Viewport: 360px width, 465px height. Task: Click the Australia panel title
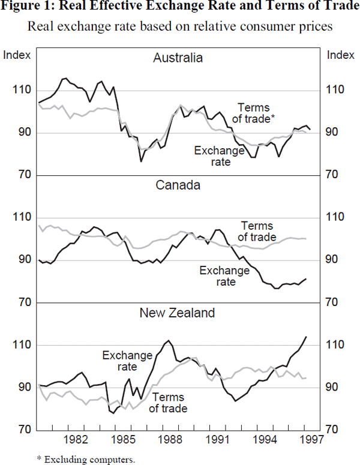click(178, 58)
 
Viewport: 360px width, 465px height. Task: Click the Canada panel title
click(178, 185)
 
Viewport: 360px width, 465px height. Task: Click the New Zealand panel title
click(178, 313)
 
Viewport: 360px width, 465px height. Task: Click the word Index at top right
click(341, 55)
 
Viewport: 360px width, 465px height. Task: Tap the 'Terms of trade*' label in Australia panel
click(253, 113)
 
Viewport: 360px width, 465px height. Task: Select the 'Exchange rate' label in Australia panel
click(219, 156)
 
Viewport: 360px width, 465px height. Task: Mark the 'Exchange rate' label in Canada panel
click(224, 276)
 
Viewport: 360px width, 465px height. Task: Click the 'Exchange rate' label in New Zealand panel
click(127, 361)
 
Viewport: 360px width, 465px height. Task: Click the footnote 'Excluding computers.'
click(86, 459)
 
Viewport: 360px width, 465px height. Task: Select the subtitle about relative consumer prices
click(180, 27)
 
